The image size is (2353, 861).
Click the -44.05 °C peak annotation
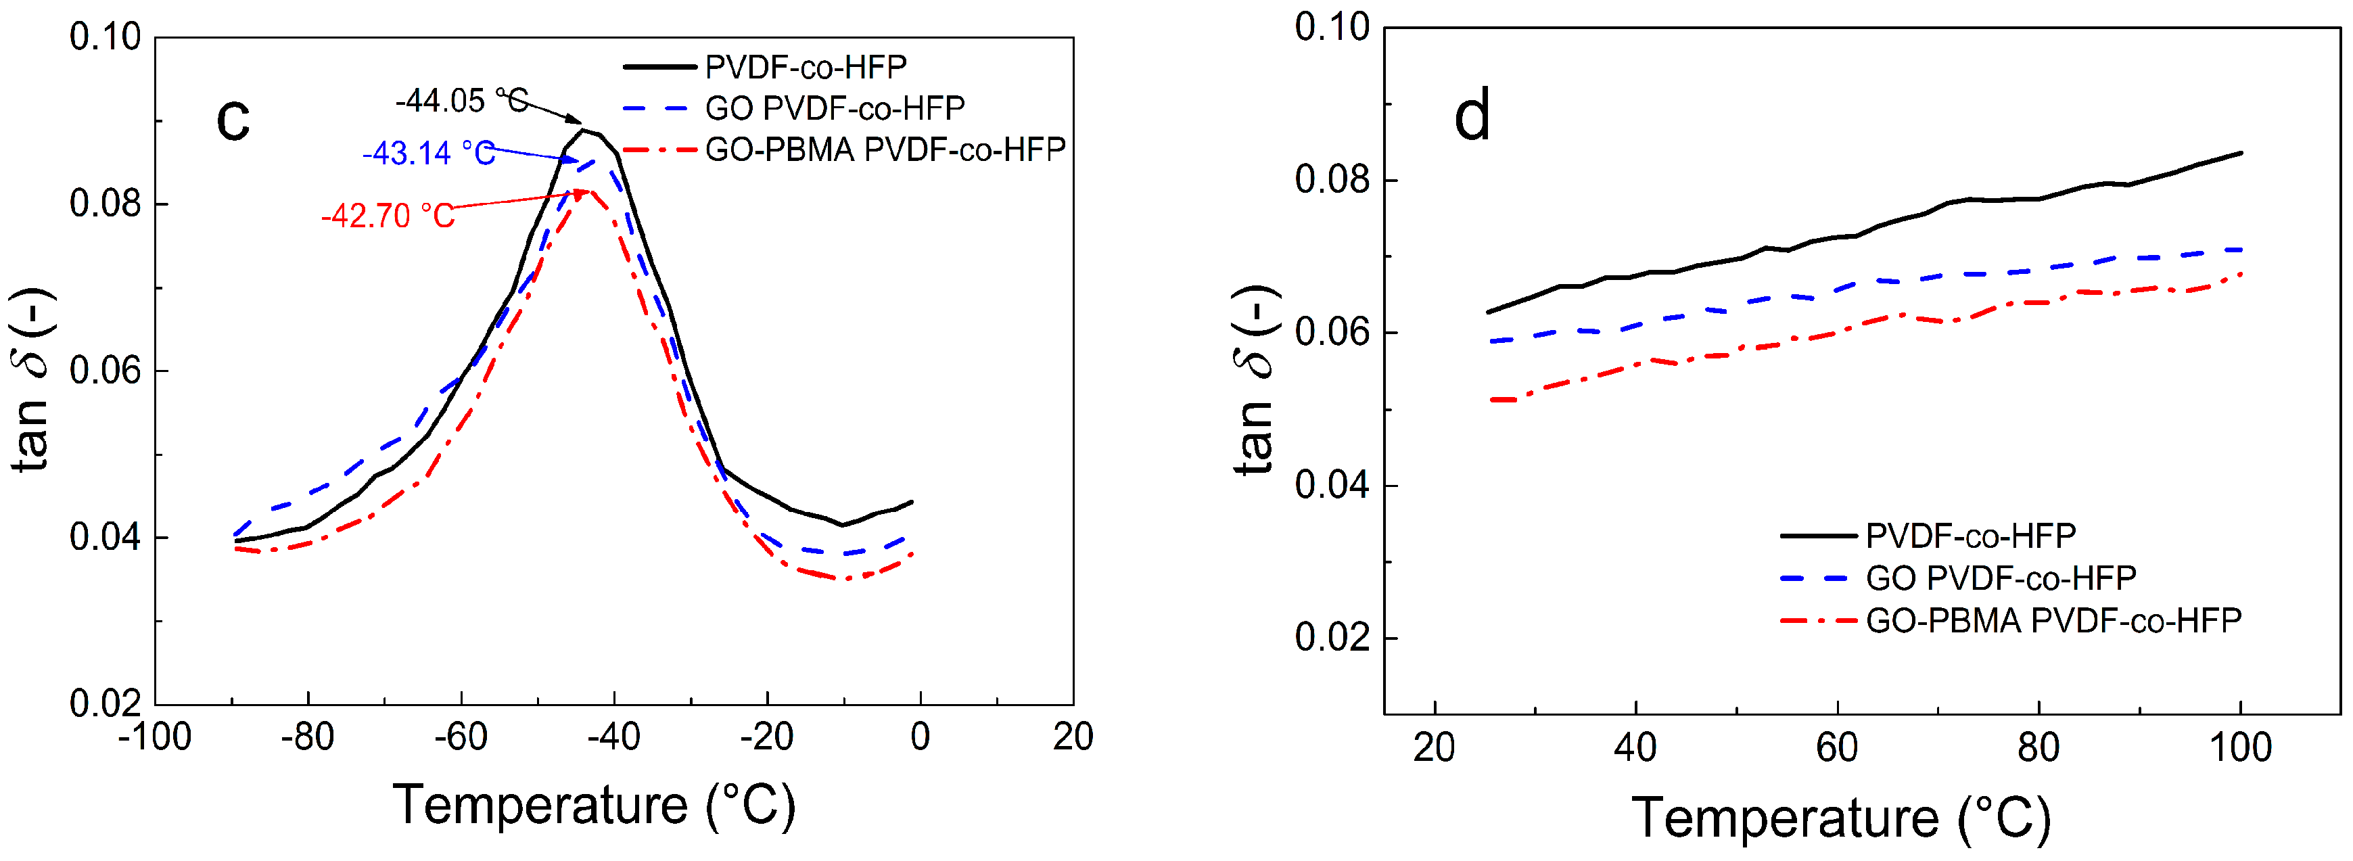tap(461, 100)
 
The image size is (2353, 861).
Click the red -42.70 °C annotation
tap(388, 216)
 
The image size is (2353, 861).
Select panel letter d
tap(1472, 116)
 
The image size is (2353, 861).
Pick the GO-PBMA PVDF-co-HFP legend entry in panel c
tap(884, 149)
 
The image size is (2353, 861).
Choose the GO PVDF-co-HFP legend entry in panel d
tap(2001, 578)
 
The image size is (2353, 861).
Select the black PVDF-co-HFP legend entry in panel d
tap(1970, 536)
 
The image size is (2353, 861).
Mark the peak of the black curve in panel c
tap(582, 131)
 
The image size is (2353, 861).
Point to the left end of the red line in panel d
tap(1491, 400)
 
